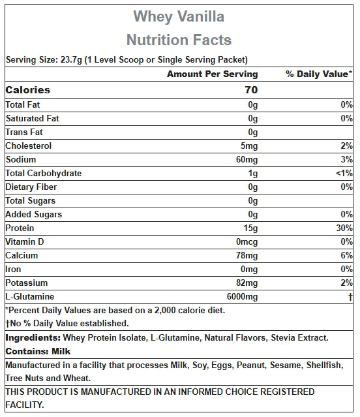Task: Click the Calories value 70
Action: point(251,90)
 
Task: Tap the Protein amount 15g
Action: point(250,228)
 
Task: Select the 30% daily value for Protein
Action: point(344,228)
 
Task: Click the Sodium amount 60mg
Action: point(247,160)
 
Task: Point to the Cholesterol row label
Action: point(29,146)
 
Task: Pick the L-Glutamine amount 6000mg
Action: point(242,296)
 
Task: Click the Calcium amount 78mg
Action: point(247,256)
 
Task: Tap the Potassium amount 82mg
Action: point(247,283)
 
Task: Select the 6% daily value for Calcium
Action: point(347,255)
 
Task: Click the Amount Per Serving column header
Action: point(212,74)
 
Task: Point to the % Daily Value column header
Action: point(319,74)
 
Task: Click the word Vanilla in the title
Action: point(201,16)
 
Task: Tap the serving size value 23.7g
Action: point(71,60)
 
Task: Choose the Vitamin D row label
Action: point(25,241)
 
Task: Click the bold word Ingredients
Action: point(33,338)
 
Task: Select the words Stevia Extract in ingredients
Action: point(299,338)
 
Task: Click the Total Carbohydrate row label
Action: point(44,174)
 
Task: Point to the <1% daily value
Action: point(344,173)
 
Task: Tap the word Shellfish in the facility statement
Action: point(325,365)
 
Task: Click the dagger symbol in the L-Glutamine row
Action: point(350,296)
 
